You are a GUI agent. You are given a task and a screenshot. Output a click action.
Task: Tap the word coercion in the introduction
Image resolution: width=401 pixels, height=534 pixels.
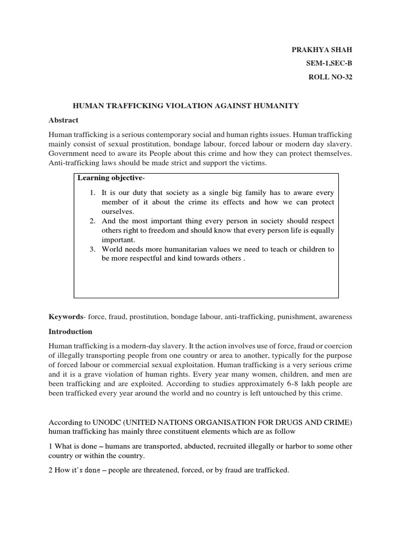[337, 347]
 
